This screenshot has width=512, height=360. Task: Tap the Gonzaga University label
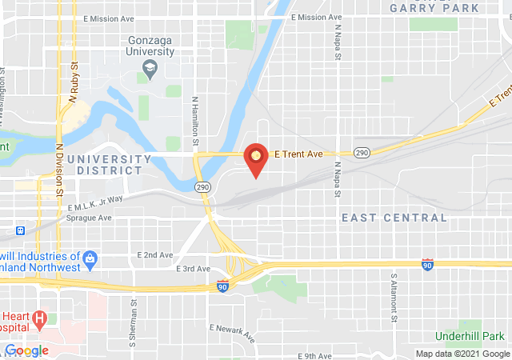(x=151, y=46)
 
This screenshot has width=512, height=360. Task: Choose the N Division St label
(x=60, y=170)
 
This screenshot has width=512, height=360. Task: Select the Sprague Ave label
(x=89, y=218)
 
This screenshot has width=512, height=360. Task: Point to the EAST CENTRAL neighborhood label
(x=394, y=218)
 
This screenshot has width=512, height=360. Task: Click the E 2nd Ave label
(x=155, y=255)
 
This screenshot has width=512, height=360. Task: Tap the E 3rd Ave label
(x=193, y=269)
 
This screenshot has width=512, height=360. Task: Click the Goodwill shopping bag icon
(x=90, y=258)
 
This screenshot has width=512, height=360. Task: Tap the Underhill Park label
(x=472, y=335)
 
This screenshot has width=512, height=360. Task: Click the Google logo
(x=27, y=350)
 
